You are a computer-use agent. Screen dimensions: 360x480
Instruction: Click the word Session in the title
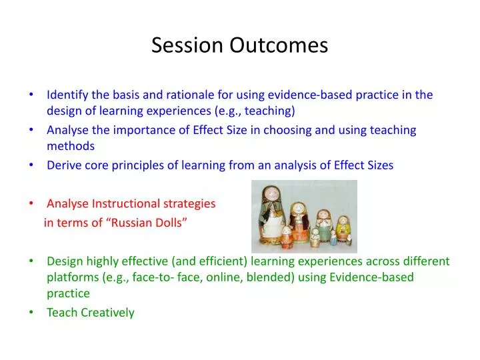pyautogui.click(x=188, y=45)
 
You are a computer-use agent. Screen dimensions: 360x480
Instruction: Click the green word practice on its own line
pyautogui.click(x=68, y=293)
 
